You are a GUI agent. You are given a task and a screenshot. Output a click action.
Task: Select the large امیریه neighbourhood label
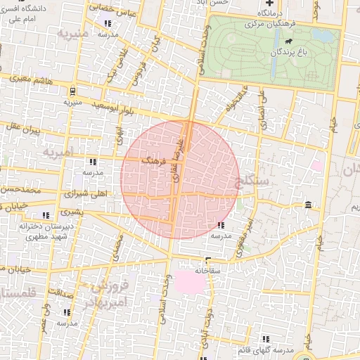58,152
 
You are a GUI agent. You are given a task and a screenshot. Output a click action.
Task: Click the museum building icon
309,205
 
